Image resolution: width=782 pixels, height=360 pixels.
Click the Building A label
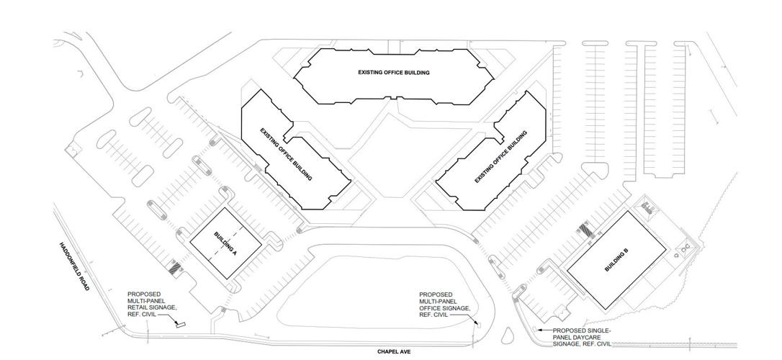[x=225, y=243]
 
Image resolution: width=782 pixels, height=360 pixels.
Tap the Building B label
[x=616, y=259]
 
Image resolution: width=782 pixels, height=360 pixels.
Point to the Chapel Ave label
[x=393, y=351]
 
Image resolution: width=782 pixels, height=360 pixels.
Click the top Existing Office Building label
[x=394, y=73]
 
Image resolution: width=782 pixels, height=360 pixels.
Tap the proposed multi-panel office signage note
[x=445, y=305]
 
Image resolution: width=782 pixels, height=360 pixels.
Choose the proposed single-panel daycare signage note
[x=582, y=337]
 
